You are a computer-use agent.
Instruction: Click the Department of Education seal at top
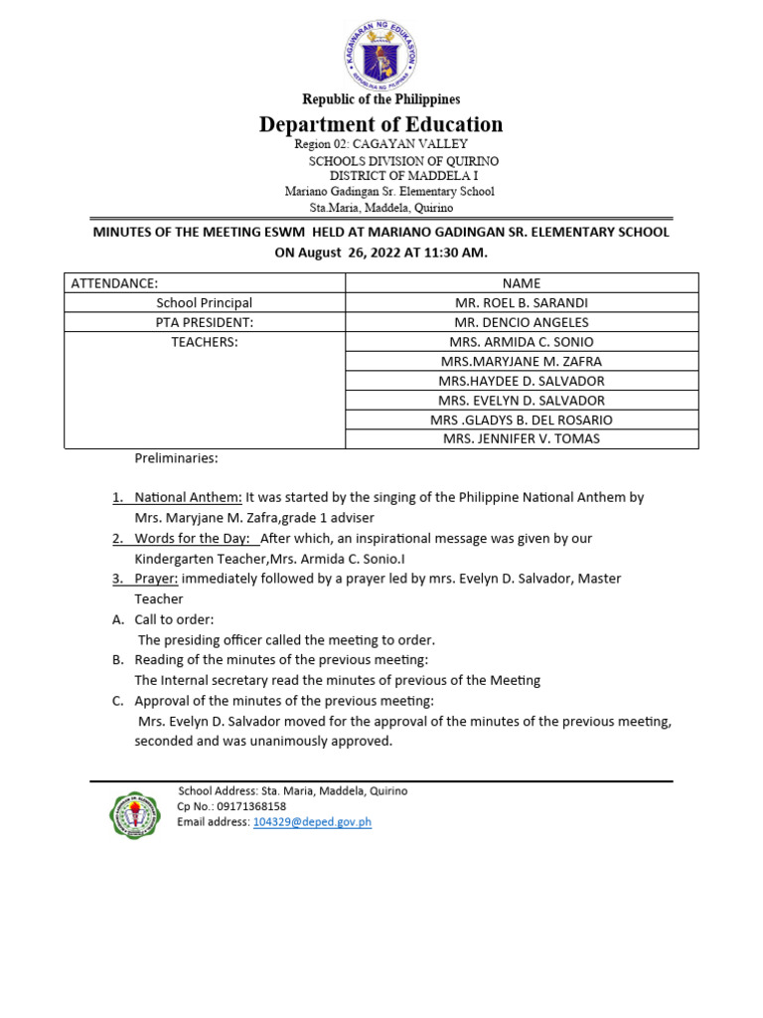click(381, 54)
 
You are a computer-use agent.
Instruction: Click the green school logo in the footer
click(133, 815)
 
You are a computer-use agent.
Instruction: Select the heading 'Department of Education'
click(381, 124)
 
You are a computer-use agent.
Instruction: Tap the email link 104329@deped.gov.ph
click(312, 822)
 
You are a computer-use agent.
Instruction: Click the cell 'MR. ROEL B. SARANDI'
click(522, 302)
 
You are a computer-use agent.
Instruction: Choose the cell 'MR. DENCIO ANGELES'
click(522, 322)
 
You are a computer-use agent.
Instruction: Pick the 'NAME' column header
click(522, 283)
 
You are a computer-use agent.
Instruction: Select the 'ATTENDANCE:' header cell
click(114, 283)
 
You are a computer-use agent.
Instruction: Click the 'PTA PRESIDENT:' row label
click(205, 322)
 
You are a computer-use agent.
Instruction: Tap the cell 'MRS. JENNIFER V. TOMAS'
click(522, 438)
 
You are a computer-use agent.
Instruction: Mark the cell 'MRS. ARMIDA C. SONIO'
click(522, 342)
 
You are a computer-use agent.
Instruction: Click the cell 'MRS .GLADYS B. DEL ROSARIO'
click(522, 420)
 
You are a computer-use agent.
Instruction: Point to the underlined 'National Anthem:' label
click(188, 497)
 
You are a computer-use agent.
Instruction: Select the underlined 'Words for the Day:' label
click(197, 538)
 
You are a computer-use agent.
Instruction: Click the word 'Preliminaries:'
click(176, 458)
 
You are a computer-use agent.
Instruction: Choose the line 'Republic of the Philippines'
click(381, 99)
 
